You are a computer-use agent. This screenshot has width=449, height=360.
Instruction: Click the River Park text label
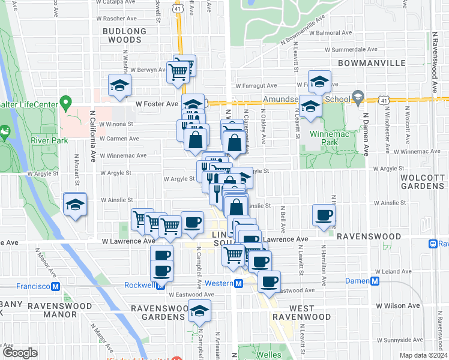(47, 142)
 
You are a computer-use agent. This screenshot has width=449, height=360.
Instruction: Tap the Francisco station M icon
(54, 271)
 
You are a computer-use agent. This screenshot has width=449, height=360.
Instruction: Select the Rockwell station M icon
(161, 285)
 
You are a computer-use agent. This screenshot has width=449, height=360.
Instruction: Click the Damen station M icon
(375, 281)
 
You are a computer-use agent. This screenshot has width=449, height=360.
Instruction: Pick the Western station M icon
(238, 283)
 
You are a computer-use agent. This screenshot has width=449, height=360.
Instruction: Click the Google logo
(20, 353)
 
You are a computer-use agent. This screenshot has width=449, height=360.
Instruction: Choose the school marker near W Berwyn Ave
(119, 86)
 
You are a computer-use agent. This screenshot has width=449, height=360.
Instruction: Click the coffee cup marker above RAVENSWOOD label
(324, 215)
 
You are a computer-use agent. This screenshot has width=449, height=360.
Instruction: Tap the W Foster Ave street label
(157, 104)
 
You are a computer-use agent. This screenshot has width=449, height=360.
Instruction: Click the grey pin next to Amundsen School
(358, 96)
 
